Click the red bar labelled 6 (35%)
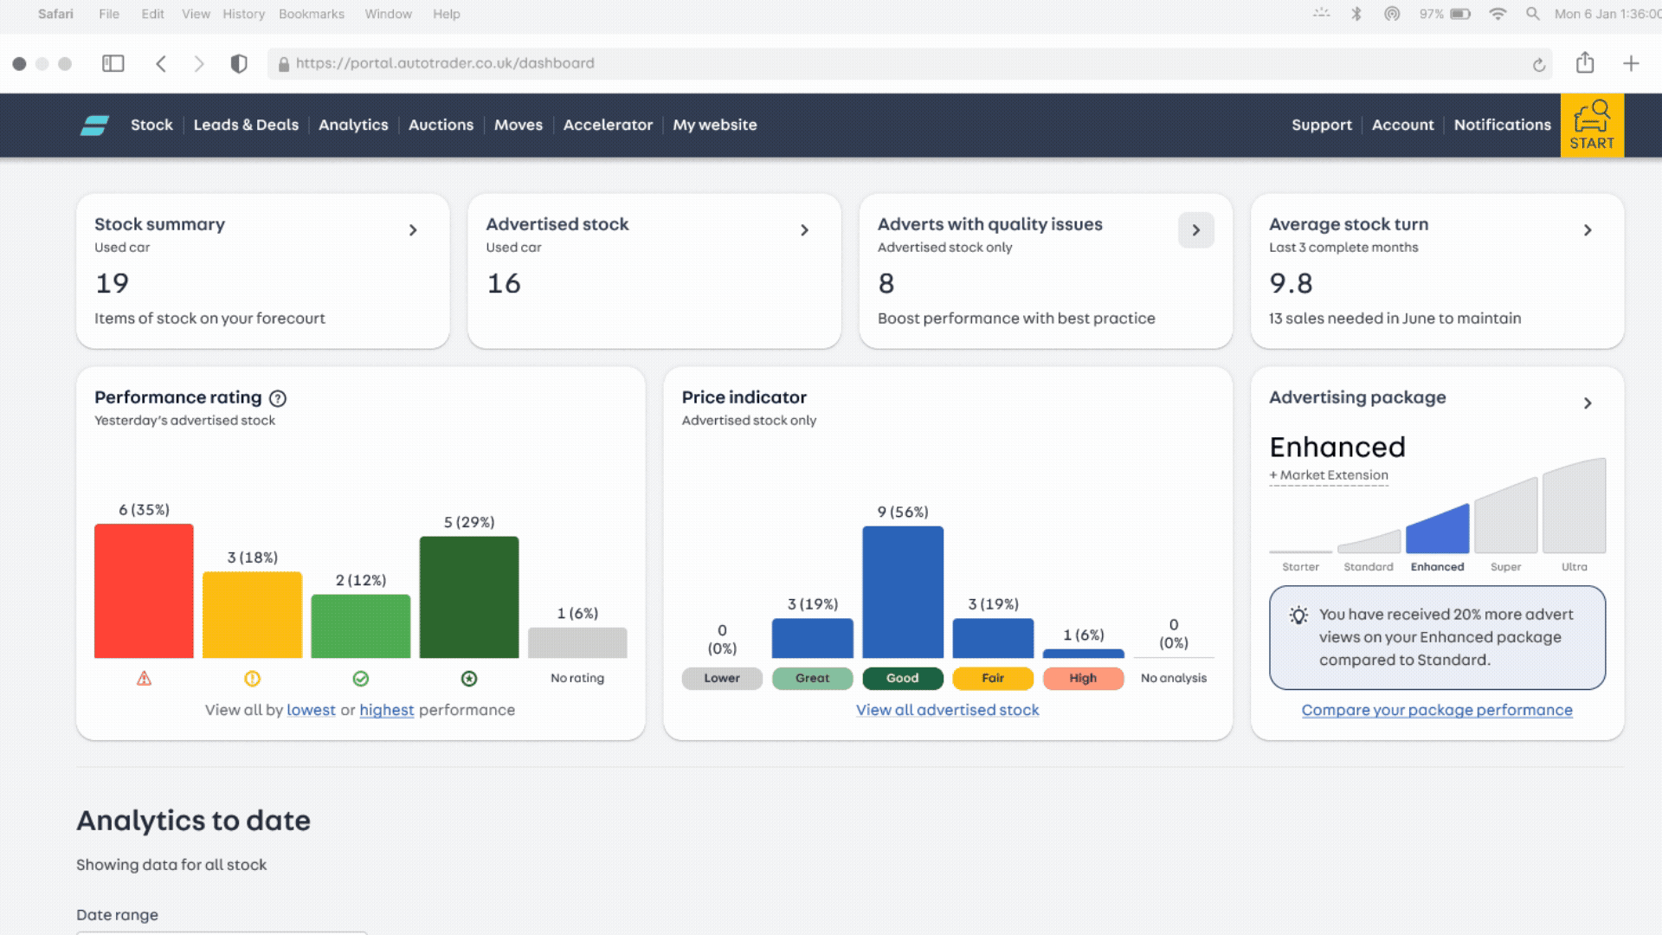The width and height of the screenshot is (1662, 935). click(144, 590)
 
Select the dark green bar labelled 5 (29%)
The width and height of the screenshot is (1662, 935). click(469, 597)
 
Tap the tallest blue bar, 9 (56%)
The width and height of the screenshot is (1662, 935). click(903, 592)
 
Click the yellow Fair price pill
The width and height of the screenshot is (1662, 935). click(993, 678)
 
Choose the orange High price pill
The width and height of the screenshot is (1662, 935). click(1083, 678)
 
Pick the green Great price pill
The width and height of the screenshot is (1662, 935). click(812, 678)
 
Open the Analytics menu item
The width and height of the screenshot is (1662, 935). click(353, 125)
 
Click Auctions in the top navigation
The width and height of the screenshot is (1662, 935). click(441, 125)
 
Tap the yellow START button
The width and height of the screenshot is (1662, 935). click(1592, 126)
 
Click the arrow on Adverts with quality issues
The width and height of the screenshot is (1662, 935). click(1195, 230)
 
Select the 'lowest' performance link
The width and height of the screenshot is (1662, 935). click(311, 710)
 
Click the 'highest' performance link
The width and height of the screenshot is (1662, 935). click(387, 710)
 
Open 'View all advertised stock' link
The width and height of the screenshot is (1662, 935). click(947, 710)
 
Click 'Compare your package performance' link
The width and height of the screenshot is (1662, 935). click(1437, 710)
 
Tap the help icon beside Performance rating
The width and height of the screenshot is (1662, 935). click(278, 398)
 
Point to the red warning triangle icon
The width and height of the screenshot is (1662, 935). click(144, 679)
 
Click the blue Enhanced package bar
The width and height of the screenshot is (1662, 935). click(1438, 532)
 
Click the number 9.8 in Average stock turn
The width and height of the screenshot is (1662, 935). click(1291, 283)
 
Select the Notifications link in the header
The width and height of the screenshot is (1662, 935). click(1502, 125)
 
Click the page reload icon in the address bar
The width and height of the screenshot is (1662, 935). click(1538, 64)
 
